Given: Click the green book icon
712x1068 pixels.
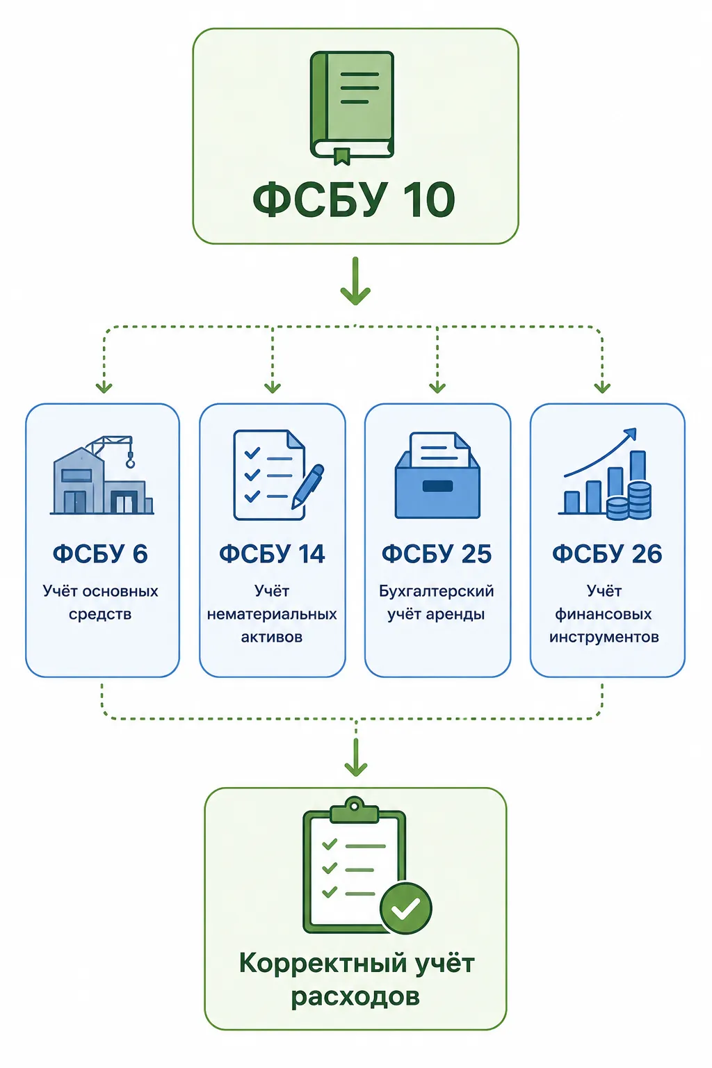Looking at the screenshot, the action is click(x=353, y=108).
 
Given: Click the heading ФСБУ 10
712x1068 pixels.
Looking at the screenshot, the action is click(x=354, y=200).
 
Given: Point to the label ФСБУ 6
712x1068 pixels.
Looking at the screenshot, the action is click(x=100, y=554).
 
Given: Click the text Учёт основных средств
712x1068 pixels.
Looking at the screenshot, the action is click(x=100, y=603).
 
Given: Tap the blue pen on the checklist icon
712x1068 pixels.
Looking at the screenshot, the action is click(x=308, y=486).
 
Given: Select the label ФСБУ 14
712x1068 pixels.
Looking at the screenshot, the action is click(x=272, y=554).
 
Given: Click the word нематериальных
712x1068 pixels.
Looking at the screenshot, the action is click(x=272, y=614).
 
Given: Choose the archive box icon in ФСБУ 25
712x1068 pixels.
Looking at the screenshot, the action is click(x=437, y=476).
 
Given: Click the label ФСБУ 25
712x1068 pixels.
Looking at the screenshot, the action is click(x=437, y=554).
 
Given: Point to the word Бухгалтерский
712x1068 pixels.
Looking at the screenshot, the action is click(x=437, y=592).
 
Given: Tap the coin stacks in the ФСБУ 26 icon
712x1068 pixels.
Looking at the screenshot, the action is click(x=629, y=501).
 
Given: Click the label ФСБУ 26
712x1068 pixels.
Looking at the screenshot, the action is click(x=607, y=554).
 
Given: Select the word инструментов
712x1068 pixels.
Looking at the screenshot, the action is click(x=604, y=638).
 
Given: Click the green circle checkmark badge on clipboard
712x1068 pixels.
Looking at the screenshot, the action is click(x=406, y=908).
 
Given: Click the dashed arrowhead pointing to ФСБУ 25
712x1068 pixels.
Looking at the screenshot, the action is click(x=437, y=387).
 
